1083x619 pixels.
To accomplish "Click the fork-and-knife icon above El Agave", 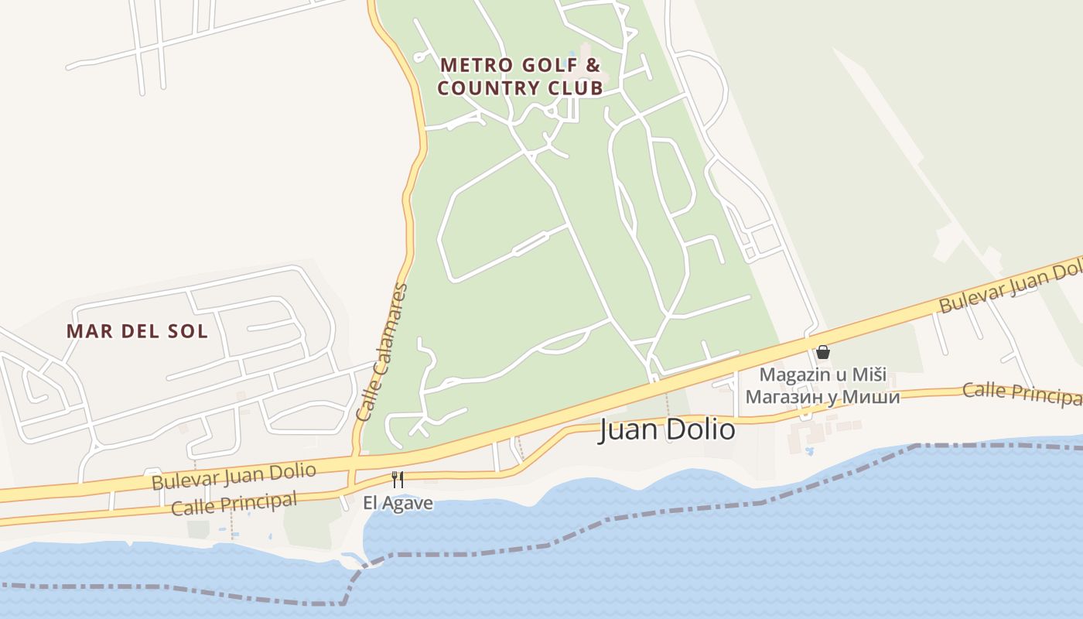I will pyautogui.click(x=398, y=480).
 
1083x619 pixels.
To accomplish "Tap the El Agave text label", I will pyautogui.click(x=398, y=503).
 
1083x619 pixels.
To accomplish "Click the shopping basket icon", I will pyautogui.click(x=823, y=352).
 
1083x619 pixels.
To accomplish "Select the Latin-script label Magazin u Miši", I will pyautogui.click(x=822, y=374).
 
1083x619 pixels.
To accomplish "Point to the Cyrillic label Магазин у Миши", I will pyautogui.click(x=822, y=397).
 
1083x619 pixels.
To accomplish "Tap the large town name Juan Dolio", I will pyautogui.click(x=668, y=429).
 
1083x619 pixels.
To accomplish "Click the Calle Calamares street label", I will pyautogui.click(x=381, y=353).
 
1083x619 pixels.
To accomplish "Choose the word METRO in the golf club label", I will pyautogui.click(x=470, y=64).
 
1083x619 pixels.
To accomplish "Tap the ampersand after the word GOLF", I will pyautogui.click(x=593, y=64).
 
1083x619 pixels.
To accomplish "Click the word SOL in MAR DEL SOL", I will pyautogui.click(x=189, y=331).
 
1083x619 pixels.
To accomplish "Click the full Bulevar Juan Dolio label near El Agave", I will pyautogui.click(x=234, y=476).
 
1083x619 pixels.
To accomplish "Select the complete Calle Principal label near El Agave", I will pyautogui.click(x=234, y=504).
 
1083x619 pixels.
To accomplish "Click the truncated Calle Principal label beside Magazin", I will pyautogui.click(x=1021, y=392).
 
